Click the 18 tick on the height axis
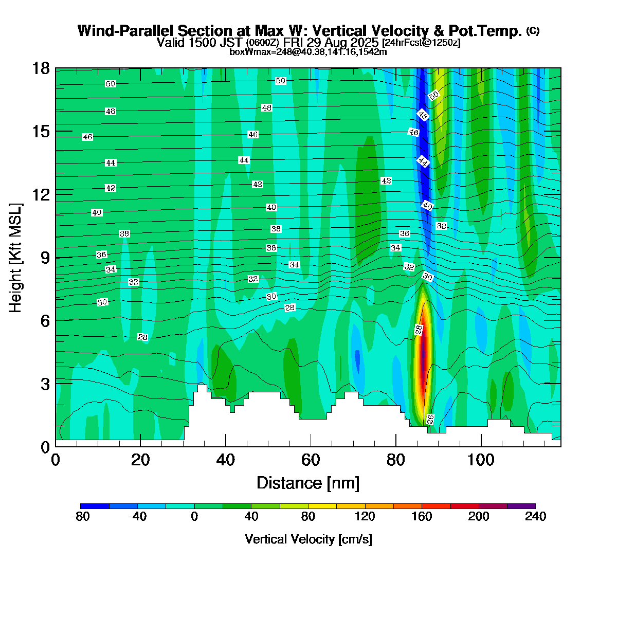click(x=42, y=68)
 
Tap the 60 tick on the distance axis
click(x=310, y=459)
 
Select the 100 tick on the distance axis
click(x=481, y=459)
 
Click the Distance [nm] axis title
click(x=307, y=483)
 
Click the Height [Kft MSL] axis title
click(x=16, y=257)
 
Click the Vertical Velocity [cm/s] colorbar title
click(x=308, y=539)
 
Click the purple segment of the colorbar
click(x=521, y=506)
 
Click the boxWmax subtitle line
click(x=308, y=51)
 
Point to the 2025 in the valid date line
click(x=362, y=42)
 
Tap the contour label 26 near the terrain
click(x=430, y=419)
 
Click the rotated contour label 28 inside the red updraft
click(x=419, y=330)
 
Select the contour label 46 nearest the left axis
click(x=87, y=137)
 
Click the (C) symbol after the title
click(x=533, y=31)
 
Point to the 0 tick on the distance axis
click(x=56, y=459)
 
